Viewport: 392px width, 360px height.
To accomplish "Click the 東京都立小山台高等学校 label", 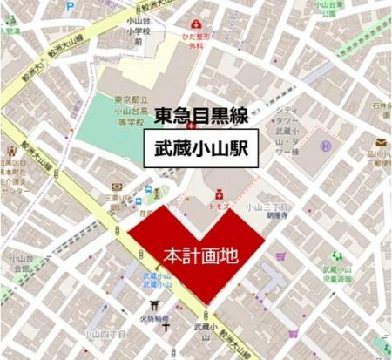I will click(x=129, y=110).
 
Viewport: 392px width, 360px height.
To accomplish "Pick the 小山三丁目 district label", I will click(x=266, y=207).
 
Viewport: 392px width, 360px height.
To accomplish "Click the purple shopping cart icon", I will click(x=281, y=257).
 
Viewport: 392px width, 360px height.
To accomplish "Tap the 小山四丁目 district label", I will click(x=103, y=333).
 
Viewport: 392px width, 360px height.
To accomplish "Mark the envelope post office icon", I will click(x=382, y=142).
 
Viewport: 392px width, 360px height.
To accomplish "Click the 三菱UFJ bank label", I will click(x=125, y=200).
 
